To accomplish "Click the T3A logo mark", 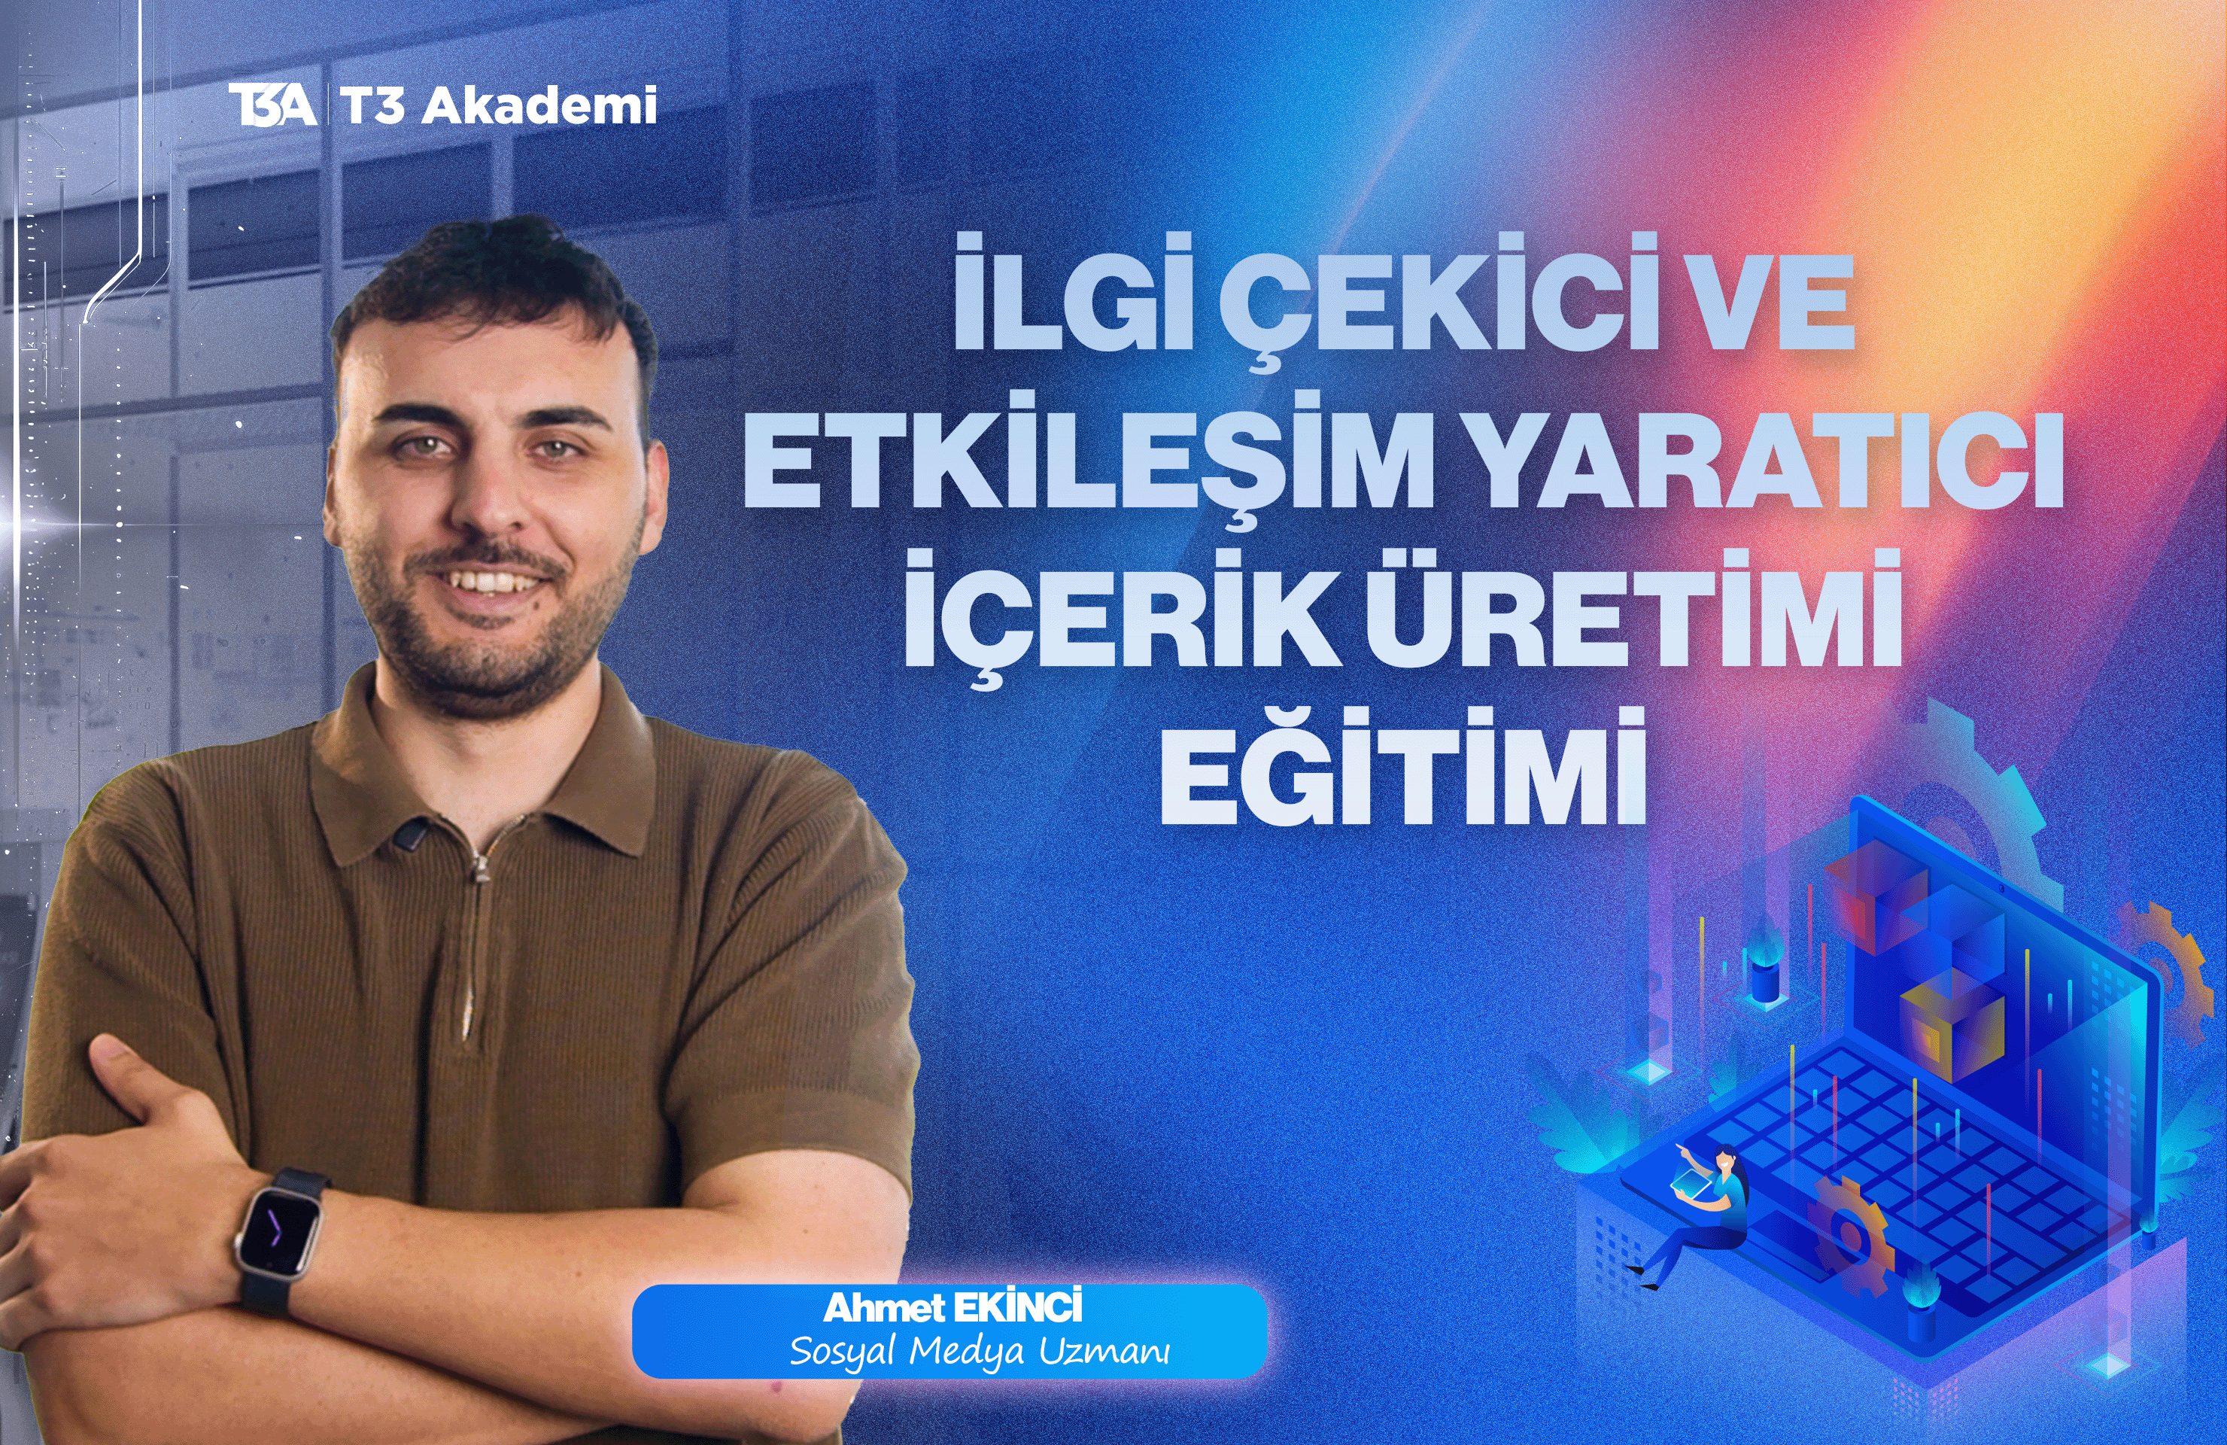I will pos(272,105).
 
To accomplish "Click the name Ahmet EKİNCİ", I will pos(952,1308).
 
